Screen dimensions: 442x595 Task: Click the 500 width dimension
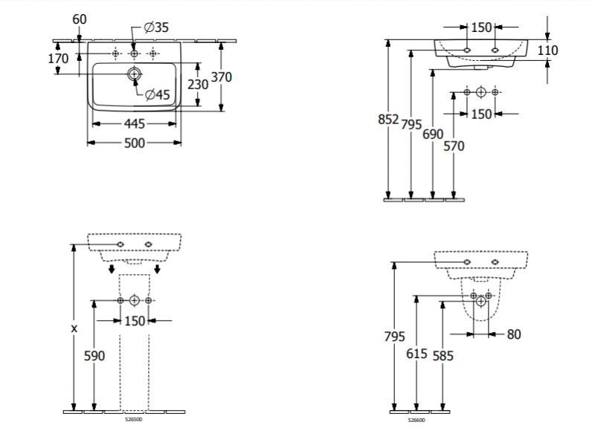134,143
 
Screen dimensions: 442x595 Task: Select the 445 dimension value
134,124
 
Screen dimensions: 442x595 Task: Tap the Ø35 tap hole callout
156,27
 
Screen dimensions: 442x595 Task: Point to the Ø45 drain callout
158,94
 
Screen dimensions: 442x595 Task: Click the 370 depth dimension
221,76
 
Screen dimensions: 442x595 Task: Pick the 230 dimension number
198,85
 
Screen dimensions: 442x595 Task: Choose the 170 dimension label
58,59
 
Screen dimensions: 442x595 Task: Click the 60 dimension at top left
80,18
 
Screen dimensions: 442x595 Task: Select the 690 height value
432,134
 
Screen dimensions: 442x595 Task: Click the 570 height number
454,146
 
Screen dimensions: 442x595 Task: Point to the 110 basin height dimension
547,51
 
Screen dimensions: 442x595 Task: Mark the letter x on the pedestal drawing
73,328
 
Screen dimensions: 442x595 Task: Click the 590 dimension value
94,356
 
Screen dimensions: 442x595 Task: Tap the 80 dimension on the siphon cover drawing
513,334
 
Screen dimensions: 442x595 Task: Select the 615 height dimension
417,355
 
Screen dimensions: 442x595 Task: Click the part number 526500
134,418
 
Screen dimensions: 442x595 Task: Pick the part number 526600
416,419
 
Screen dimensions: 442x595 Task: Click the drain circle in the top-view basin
135,74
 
